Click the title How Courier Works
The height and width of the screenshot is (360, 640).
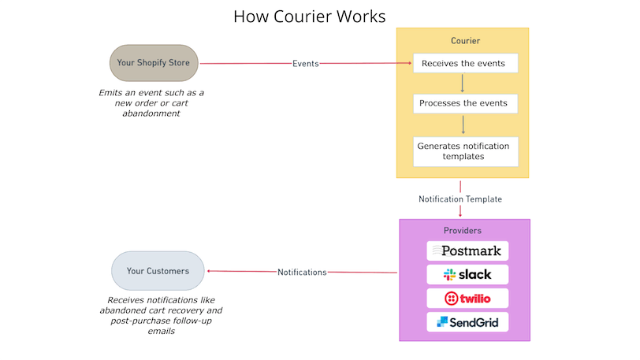pos(310,16)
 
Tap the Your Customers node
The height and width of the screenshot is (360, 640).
pos(158,271)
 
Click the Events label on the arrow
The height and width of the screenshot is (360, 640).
pos(305,64)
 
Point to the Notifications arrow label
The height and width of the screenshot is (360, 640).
pos(302,273)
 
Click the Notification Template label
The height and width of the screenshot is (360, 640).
pos(460,199)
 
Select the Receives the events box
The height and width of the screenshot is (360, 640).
pos(465,63)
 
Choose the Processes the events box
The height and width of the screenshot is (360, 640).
pos(465,103)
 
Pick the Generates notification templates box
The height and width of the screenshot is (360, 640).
pos(465,151)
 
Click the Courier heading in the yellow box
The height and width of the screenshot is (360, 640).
pos(465,40)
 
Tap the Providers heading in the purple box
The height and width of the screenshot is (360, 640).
pos(463,231)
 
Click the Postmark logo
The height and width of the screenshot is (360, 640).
pos(467,251)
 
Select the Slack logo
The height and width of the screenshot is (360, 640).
pos(467,274)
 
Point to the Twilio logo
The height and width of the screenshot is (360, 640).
pos(467,298)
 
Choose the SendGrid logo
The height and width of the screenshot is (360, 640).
pos(467,321)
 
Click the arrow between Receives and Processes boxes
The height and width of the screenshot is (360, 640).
pos(463,83)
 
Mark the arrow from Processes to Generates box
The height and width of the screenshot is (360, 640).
pos(463,124)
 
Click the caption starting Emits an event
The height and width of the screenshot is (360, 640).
pos(151,102)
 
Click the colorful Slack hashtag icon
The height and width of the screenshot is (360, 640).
pos(450,274)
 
